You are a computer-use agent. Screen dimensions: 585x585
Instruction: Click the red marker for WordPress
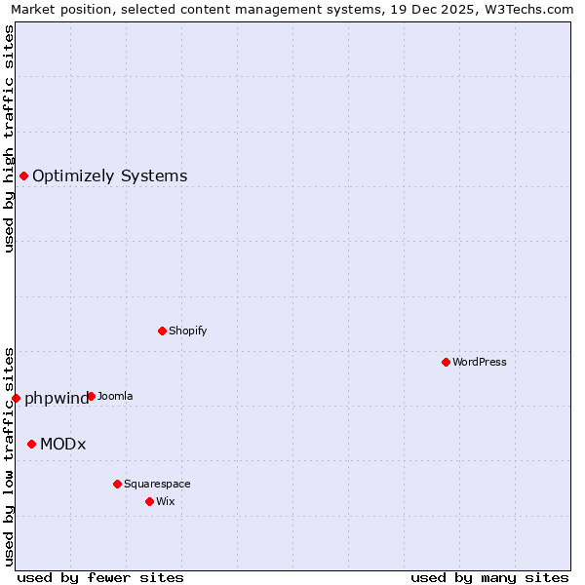(446, 362)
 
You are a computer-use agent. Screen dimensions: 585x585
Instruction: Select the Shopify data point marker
(162, 331)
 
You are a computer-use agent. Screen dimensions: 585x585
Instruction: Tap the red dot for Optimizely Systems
(23, 175)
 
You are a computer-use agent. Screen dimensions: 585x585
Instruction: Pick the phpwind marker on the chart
(16, 398)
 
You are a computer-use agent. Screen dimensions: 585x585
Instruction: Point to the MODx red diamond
(31, 444)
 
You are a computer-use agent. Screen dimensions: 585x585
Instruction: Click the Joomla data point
(91, 396)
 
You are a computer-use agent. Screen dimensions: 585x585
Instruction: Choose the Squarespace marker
(117, 484)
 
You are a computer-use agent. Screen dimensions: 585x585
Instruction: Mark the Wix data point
(149, 501)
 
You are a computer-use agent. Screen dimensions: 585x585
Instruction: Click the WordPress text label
(480, 362)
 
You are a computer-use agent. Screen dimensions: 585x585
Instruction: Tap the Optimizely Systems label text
(110, 175)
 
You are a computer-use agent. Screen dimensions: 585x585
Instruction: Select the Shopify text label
(188, 331)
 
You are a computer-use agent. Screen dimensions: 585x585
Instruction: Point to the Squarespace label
(157, 484)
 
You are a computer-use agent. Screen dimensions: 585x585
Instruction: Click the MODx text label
(63, 445)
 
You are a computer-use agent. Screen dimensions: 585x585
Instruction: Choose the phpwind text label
(57, 399)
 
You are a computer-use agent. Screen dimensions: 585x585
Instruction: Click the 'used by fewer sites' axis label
(100, 577)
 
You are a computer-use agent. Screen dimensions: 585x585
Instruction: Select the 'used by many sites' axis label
(489, 577)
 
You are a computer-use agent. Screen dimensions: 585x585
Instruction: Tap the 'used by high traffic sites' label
(10, 138)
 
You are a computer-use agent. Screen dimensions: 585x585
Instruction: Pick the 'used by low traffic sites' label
(10, 454)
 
